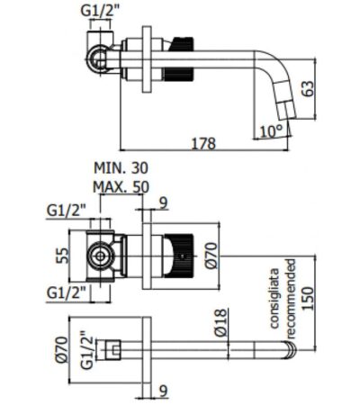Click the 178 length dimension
pyautogui.click(x=203, y=143)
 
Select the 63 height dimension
pyautogui.click(x=308, y=88)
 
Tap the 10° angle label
pyautogui.click(x=271, y=131)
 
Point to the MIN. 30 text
pyautogui.click(x=121, y=167)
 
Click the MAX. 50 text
pyautogui.click(x=121, y=187)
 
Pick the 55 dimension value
pyautogui.click(x=62, y=256)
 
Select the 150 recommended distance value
pyautogui.click(x=308, y=300)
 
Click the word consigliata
pyautogui.click(x=274, y=298)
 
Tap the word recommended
pyautogui.click(x=291, y=299)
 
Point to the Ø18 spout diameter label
pyautogui.click(x=220, y=323)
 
